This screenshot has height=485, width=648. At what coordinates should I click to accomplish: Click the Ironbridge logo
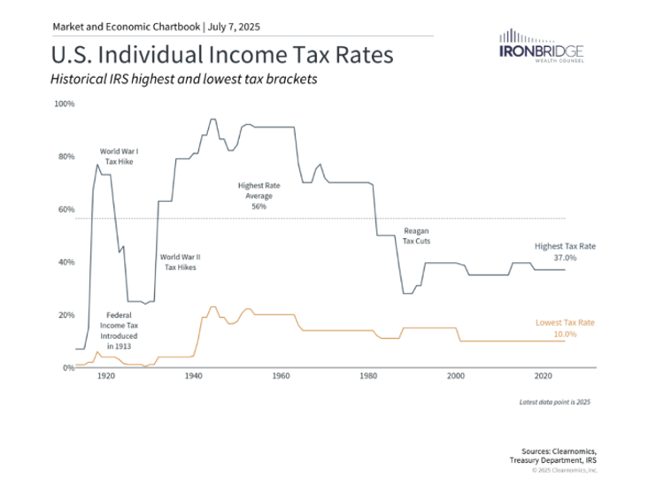(x=542, y=45)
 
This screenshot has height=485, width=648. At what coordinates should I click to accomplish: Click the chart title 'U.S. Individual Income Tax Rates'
(x=222, y=55)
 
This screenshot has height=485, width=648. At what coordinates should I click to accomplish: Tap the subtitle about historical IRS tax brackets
(x=184, y=79)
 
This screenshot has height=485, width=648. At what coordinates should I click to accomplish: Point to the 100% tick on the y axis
(x=65, y=104)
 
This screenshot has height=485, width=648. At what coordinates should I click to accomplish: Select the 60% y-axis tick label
(x=66, y=210)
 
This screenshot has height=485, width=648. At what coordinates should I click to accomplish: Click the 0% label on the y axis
(x=68, y=367)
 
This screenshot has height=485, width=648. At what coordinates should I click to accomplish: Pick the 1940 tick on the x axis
(x=193, y=376)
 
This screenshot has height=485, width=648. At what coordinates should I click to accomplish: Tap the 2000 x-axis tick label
(x=456, y=376)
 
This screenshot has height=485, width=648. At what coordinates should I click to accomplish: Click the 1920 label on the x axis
(x=106, y=376)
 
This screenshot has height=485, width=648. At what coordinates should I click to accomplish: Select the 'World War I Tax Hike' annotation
(x=119, y=157)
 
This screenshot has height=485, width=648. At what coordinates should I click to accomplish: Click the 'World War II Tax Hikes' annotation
(x=181, y=262)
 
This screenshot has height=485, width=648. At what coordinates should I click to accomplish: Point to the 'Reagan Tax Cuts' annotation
(x=417, y=236)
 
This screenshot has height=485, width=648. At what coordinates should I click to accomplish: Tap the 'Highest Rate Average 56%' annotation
(x=259, y=196)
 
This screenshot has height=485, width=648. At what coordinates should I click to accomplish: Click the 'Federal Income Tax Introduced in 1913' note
(x=119, y=330)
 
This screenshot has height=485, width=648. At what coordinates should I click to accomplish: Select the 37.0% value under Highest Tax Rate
(x=565, y=258)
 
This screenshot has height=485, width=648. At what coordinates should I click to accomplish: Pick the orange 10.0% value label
(x=565, y=335)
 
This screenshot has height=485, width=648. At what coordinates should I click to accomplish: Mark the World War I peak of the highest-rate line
(x=97, y=165)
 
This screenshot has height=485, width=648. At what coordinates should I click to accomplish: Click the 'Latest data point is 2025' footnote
(x=555, y=402)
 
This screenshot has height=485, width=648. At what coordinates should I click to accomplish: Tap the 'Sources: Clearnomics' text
(x=559, y=451)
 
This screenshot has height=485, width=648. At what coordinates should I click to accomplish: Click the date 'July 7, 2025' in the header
(x=234, y=27)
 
